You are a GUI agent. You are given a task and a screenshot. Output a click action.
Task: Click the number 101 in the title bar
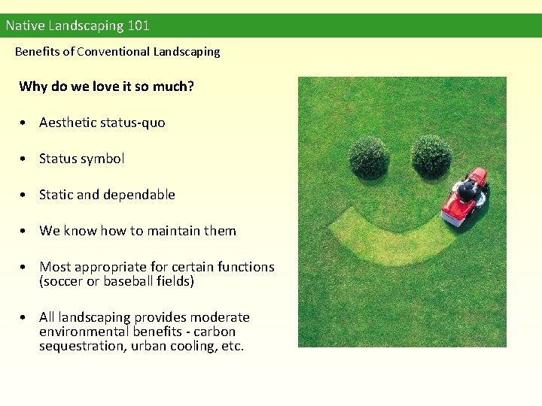[x=139, y=26]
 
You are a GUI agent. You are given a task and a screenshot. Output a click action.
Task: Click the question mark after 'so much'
[x=191, y=86]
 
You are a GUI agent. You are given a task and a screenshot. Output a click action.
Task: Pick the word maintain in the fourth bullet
[x=171, y=231]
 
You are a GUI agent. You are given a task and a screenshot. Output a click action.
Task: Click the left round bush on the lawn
[x=370, y=157]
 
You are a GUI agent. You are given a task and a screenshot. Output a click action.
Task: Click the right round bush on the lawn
[x=431, y=155]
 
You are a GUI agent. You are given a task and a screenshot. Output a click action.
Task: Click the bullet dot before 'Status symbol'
[x=25, y=159]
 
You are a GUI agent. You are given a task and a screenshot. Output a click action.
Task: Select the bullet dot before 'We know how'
[x=25, y=231]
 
